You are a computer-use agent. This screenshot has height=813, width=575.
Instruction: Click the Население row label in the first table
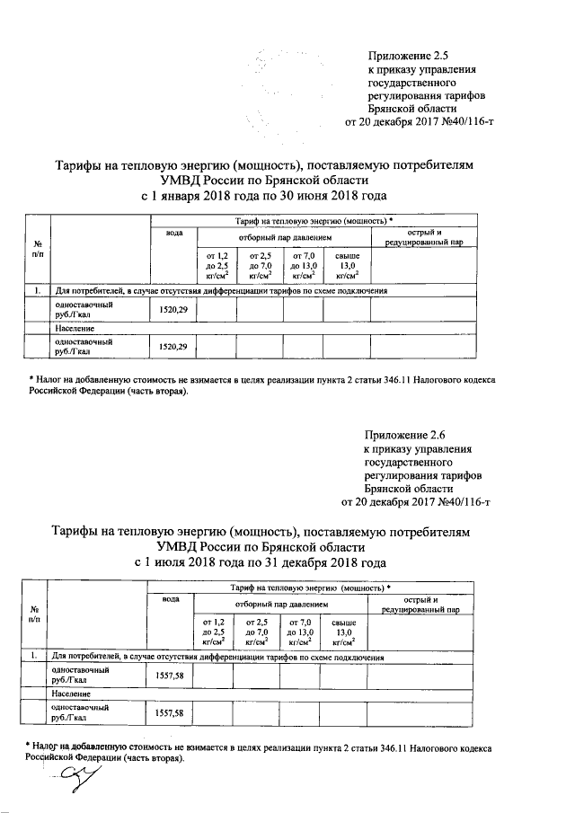[x=70, y=329]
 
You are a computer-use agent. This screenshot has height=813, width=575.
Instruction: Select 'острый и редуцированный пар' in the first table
[x=423, y=238]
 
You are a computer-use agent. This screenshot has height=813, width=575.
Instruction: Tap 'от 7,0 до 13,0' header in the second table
[x=299, y=632]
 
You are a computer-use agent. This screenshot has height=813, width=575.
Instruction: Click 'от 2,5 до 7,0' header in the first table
[x=259, y=266]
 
